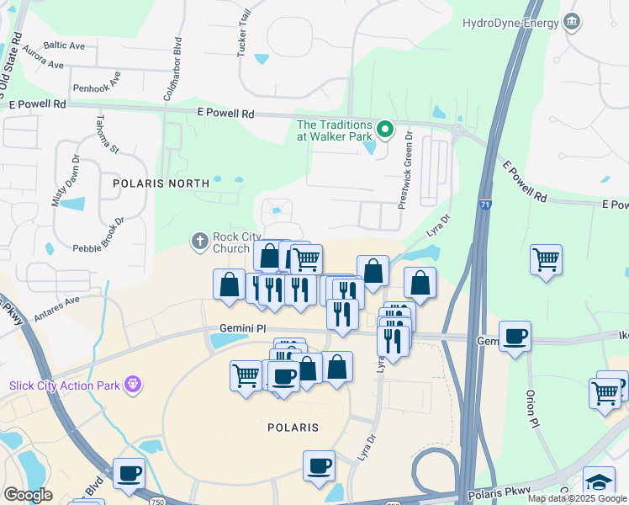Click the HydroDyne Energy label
point(510,23)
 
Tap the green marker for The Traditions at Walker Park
point(385,129)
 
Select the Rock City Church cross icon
point(200,242)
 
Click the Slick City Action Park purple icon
point(132,385)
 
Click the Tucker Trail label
point(245,37)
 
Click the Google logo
point(28,494)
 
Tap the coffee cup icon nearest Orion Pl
point(515,335)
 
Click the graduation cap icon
point(599,482)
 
